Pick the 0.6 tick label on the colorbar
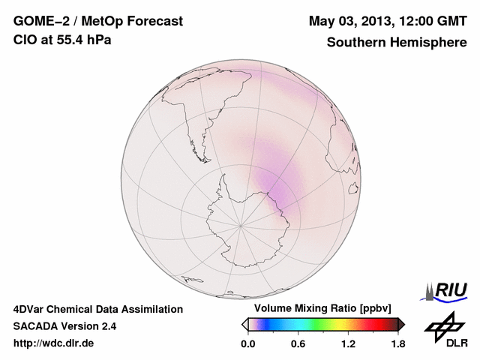click(298, 344)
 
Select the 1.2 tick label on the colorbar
click(348, 344)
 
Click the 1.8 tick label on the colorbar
click(398, 344)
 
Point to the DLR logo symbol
click(442, 328)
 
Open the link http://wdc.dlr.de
click(54, 344)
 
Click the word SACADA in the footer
click(35, 327)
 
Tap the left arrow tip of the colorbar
click(244, 324)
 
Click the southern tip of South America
click(202, 145)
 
